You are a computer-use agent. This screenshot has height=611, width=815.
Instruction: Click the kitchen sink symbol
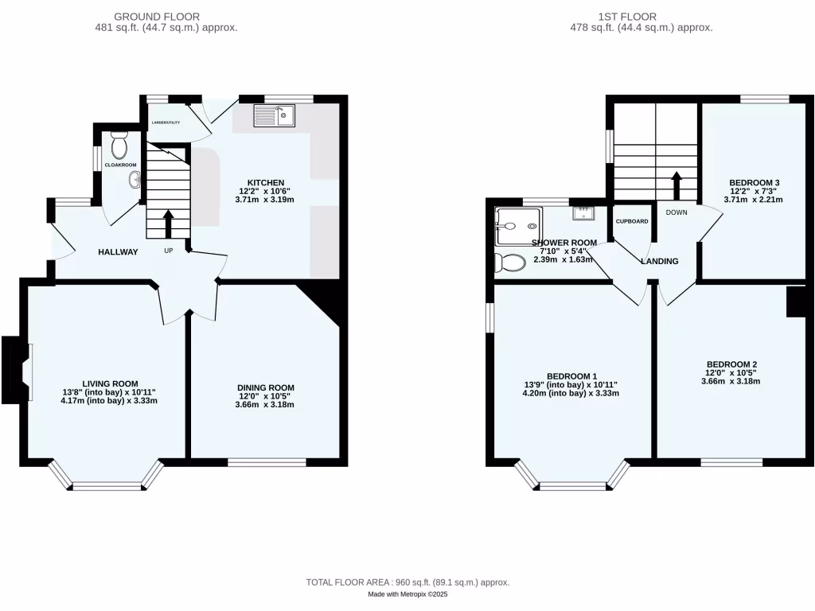275,117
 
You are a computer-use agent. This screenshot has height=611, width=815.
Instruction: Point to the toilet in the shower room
509,262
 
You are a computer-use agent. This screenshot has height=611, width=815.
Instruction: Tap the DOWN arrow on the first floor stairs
677,187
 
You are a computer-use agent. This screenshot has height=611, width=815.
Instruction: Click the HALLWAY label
118,252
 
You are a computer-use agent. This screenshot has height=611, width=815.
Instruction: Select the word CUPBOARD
632,221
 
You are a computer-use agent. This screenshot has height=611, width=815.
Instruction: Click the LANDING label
660,261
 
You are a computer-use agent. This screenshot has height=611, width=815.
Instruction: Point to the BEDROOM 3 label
754,183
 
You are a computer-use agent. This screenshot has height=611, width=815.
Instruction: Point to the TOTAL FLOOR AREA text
407,583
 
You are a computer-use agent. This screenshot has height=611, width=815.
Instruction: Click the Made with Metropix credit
407,594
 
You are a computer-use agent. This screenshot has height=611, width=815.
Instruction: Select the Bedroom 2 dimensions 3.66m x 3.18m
731,381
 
